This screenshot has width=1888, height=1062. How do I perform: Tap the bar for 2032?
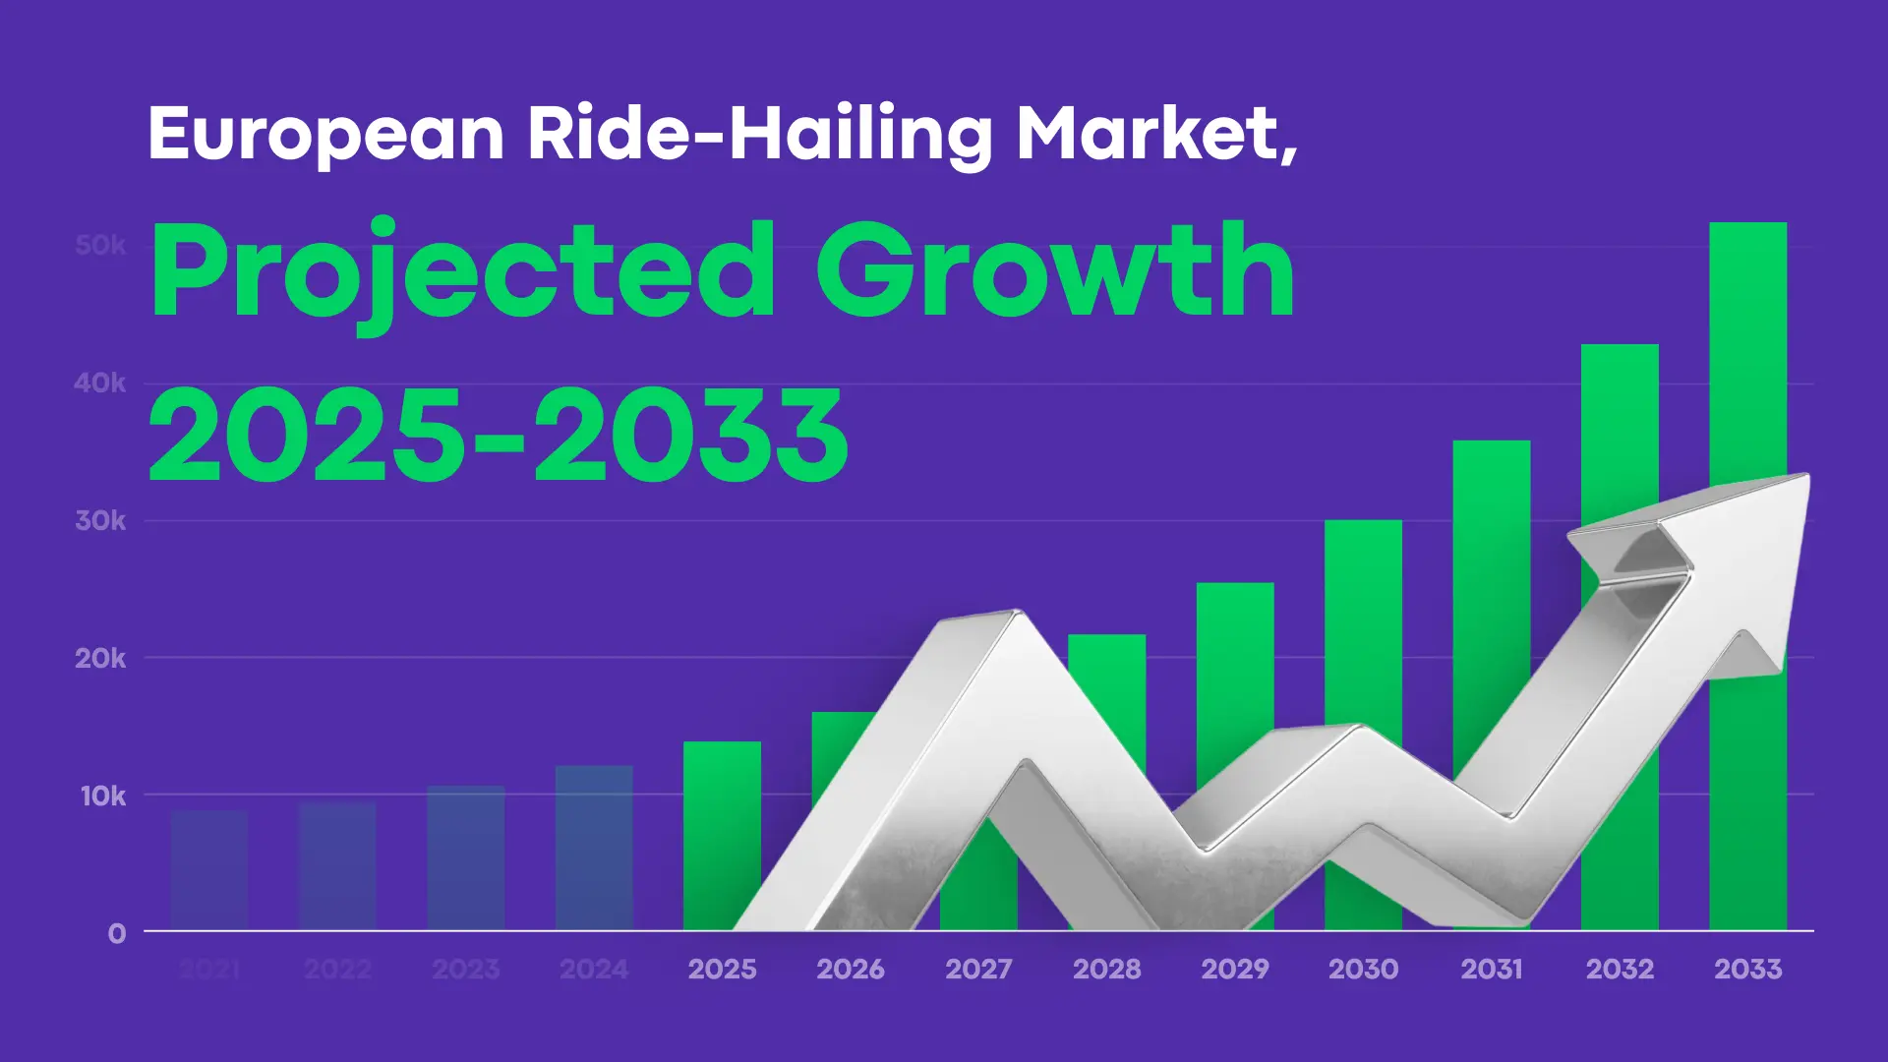1620,433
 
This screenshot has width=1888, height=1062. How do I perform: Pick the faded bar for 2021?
209,869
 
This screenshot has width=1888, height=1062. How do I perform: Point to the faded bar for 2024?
594,846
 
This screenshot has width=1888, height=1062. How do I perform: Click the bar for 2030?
1363,619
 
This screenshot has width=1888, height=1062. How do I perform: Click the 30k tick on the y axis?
100,520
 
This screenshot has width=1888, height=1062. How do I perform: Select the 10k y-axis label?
102,796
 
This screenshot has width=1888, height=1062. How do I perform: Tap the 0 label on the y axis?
117,933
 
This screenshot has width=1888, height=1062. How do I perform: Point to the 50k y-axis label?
100,245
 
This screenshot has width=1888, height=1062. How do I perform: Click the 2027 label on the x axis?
978,970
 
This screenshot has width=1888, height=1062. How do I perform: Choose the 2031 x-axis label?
1491,970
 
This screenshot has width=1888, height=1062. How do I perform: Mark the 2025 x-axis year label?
722,970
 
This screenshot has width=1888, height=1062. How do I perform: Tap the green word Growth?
1054,270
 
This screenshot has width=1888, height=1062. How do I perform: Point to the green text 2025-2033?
498,436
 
